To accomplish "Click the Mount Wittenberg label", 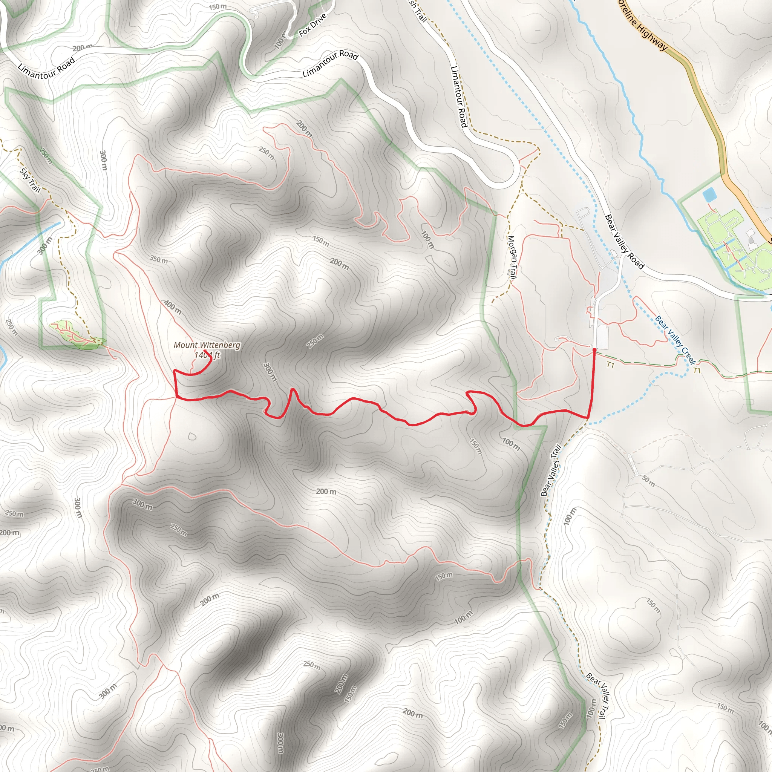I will pyautogui.click(x=207, y=345).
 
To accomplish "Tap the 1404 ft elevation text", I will pyautogui.click(x=207, y=355).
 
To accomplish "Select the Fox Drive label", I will pyautogui.click(x=312, y=25).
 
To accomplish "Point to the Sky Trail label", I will pyautogui.click(x=31, y=180).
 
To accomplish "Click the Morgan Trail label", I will pyautogui.click(x=512, y=257).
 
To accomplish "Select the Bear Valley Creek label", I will pyautogui.click(x=675, y=340).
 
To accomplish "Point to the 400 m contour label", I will pyautogui.click(x=173, y=307).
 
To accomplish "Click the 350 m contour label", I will pyautogui.click(x=159, y=260).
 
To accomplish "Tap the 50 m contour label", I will pyautogui.click(x=648, y=481).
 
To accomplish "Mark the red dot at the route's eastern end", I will pyautogui.click(x=594, y=350).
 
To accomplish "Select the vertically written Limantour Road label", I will pyautogui.click(x=459, y=97).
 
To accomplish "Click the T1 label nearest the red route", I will pyautogui.click(x=610, y=365).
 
